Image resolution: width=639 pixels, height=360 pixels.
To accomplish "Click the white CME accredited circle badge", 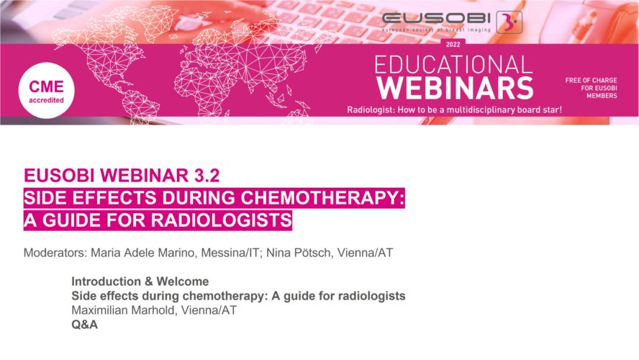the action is coord(47,91).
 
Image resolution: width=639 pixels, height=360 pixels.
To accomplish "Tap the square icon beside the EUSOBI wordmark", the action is coord(509,22).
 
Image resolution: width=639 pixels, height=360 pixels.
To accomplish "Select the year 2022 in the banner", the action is coord(453,45).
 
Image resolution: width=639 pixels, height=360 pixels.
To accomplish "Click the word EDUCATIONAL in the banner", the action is coord(453,65).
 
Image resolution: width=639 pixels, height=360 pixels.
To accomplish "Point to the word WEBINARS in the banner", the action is coord(455,88).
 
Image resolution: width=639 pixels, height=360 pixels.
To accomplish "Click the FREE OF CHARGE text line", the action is coord(591,81).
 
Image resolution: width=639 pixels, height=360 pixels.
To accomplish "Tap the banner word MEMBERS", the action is coord(602,96).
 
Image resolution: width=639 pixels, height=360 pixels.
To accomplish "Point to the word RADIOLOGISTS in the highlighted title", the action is coord(222,220).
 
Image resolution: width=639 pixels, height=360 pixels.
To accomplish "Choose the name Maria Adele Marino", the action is coord(142,253).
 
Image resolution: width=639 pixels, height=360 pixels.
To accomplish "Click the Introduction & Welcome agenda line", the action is coord(140,282).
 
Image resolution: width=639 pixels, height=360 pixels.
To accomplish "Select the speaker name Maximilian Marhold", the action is coord(124,310).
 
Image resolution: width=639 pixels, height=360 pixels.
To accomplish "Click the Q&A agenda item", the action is coord(85,325).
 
